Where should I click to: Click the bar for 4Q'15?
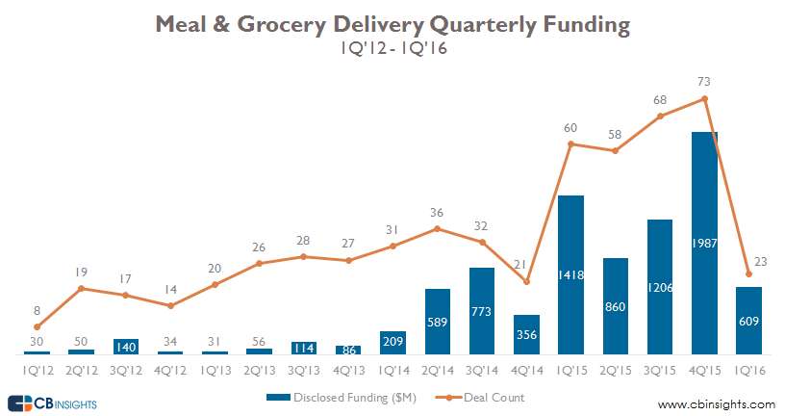pos(704,243)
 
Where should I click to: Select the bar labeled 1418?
pos(570,274)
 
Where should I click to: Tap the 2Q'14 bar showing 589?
pos(438,321)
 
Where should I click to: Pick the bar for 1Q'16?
pos(748,320)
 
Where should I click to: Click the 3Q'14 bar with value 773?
pos(482,310)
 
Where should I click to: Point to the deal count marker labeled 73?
pos(705,98)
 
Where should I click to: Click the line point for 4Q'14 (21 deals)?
pos(526,281)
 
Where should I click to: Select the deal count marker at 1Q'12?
pos(37,327)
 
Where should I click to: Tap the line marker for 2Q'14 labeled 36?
pos(438,228)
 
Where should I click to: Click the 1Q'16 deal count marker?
pos(749,273)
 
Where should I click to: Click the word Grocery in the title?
pos(314,25)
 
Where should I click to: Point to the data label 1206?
pos(660,287)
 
